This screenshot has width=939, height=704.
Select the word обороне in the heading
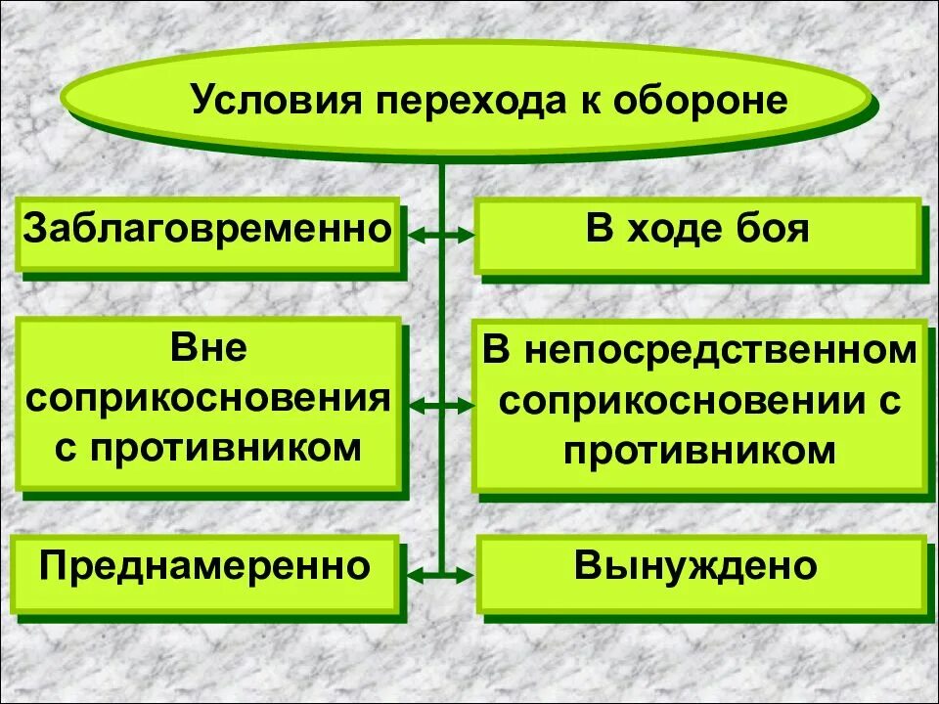pos(700,100)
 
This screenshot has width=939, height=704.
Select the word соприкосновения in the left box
pos(207,399)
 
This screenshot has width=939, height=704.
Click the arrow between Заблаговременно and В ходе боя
pos(440,236)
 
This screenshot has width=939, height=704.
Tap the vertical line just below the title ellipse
pos(441,181)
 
